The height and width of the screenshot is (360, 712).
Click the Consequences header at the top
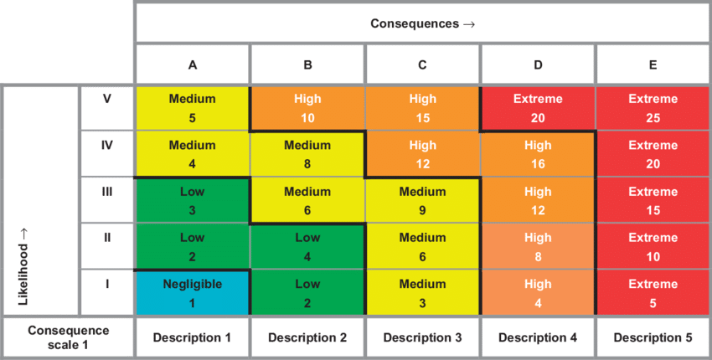pos(423,23)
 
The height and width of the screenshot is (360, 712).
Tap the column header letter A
pos(193,64)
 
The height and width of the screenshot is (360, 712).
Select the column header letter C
pos(423,64)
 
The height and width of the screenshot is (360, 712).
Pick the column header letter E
pos(653,64)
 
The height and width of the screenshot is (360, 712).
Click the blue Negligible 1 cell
pos(193,292)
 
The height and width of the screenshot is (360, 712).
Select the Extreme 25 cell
pos(653,107)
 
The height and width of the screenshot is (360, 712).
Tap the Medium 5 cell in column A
pos(193,107)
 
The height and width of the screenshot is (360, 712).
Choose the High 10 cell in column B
pos(307,107)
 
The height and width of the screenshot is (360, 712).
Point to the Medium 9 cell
pos(423,200)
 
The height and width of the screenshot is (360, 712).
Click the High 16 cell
pos(538,153)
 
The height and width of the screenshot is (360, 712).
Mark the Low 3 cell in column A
pos(193,200)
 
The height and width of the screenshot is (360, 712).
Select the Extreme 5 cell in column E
pos(653,292)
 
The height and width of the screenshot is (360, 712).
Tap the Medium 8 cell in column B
pos(307,153)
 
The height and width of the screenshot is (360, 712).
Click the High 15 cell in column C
pos(423,107)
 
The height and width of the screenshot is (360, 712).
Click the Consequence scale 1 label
pos(68,337)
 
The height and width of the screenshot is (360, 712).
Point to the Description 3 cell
pos(423,337)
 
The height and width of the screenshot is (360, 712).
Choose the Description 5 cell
pos(653,337)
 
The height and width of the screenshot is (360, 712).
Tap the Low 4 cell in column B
pos(307,246)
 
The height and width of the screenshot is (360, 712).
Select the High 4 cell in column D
pos(538,292)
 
